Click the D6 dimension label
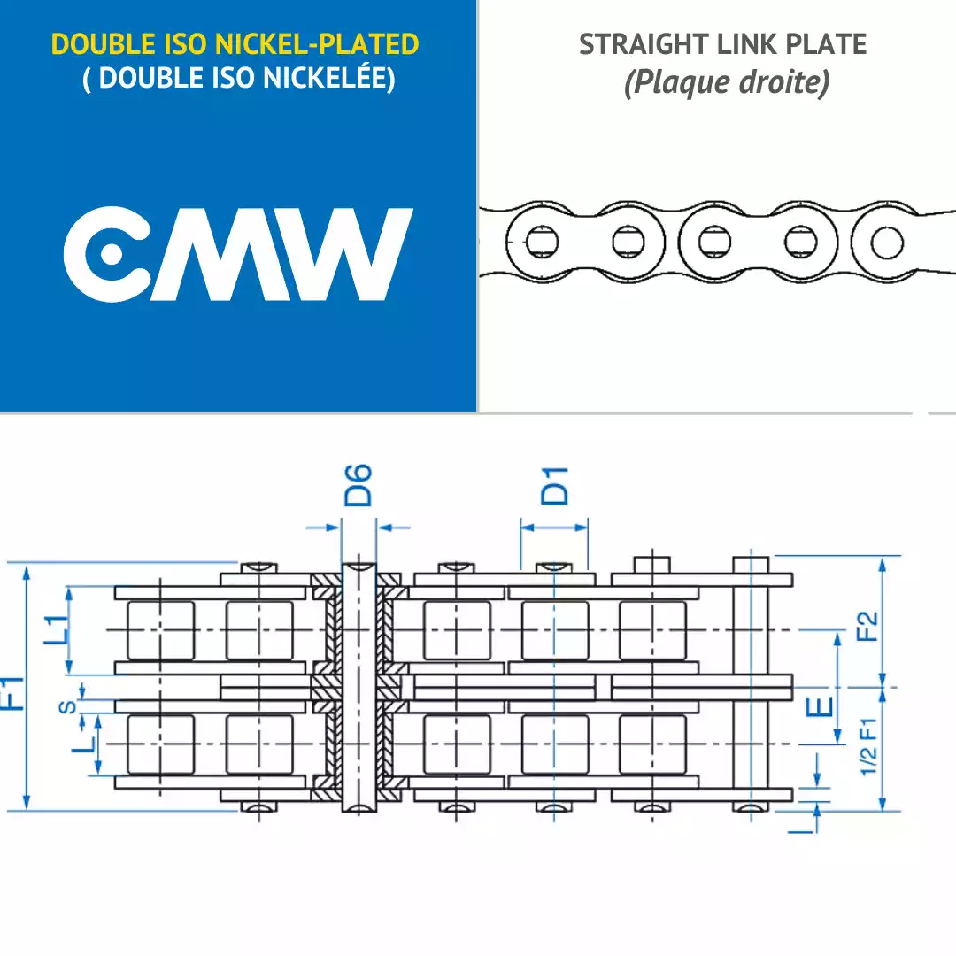(x=358, y=485)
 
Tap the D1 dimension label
(x=555, y=486)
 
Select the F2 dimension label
(x=867, y=626)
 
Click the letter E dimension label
(x=820, y=707)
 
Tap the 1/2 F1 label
(x=869, y=746)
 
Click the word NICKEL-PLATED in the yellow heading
(x=317, y=44)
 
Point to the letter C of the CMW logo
(x=107, y=254)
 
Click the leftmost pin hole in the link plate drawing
(x=542, y=241)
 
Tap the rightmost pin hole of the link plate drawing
(x=887, y=242)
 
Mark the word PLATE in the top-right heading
(x=826, y=44)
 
